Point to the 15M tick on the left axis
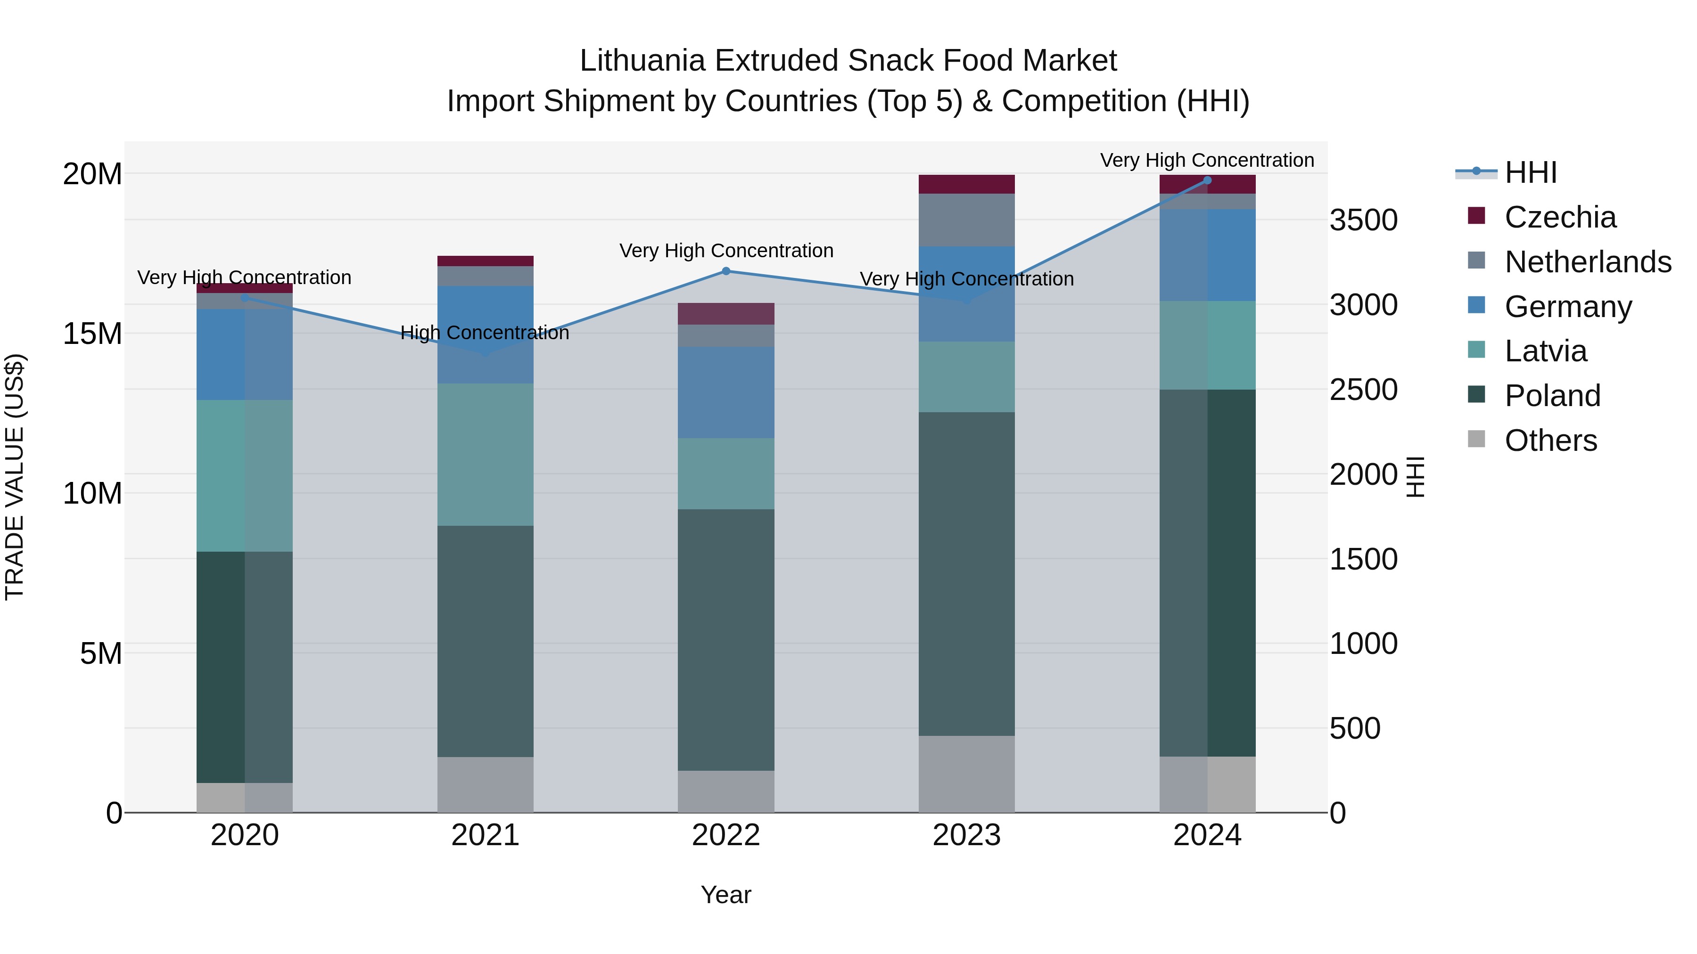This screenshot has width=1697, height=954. click(92, 334)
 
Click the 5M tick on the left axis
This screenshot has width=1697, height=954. click(101, 654)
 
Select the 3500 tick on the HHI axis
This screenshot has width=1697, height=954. click(1363, 220)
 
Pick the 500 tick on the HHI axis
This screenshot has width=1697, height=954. click(1354, 729)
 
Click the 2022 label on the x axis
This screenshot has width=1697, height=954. click(726, 835)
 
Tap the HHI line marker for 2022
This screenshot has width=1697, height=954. click(726, 271)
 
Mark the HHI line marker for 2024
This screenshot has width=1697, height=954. click(1207, 180)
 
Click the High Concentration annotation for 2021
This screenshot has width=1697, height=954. click(485, 333)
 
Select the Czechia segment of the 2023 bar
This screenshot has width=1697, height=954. click(966, 184)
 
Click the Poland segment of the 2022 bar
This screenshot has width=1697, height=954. click(726, 640)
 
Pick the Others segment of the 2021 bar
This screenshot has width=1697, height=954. click(485, 785)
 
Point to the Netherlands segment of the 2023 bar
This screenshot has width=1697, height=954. click(966, 220)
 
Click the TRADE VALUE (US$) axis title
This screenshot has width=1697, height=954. click(15, 477)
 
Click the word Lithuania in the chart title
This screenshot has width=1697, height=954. click(643, 61)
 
